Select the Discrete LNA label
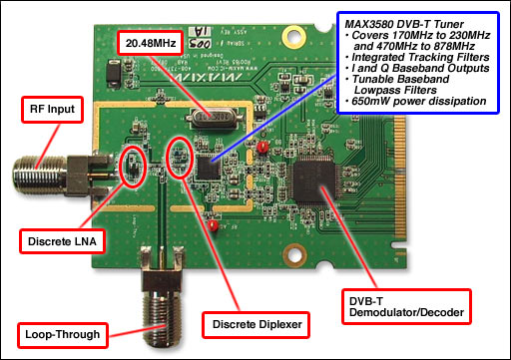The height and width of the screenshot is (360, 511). (63, 239)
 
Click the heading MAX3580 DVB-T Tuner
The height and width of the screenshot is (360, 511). (413, 21)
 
